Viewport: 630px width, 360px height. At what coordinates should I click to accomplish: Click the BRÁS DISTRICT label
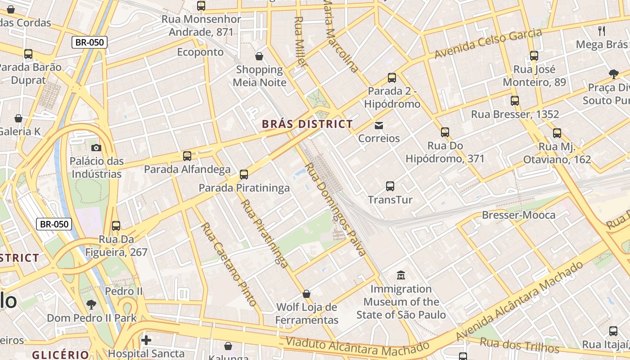tap(307, 124)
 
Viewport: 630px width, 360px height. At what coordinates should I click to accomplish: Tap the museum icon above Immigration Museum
tap(400, 275)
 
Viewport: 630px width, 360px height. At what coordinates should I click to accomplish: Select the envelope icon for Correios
tap(379, 126)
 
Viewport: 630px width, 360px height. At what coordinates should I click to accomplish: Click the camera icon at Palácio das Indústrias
tap(96, 148)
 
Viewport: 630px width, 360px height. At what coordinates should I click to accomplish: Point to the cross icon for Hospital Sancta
tap(146, 340)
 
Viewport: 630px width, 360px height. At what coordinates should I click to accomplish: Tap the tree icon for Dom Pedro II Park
tap(91, 305)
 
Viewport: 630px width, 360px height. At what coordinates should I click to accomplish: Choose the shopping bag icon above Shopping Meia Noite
tap(259, 56)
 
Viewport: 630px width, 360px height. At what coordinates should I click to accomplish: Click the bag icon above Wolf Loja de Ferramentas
tap(306, 294)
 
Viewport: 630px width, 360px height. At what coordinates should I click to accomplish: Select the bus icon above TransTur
tap(390, 186)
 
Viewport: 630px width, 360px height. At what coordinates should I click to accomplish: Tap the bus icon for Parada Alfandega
tap(187, 156)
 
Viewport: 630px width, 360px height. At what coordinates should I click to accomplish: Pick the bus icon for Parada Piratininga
tap(244, 175)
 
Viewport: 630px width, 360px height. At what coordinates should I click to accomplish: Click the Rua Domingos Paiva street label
tap(335, 209)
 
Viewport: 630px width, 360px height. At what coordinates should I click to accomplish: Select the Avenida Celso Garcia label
tap(488, 44)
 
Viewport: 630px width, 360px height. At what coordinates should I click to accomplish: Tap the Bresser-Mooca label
tap(518, 215)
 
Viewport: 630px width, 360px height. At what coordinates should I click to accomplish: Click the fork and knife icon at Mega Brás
tap(602, 31)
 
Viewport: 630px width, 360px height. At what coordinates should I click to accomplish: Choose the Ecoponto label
tap(200, 52)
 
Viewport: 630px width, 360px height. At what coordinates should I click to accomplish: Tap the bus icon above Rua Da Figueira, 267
tap(116, 226)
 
